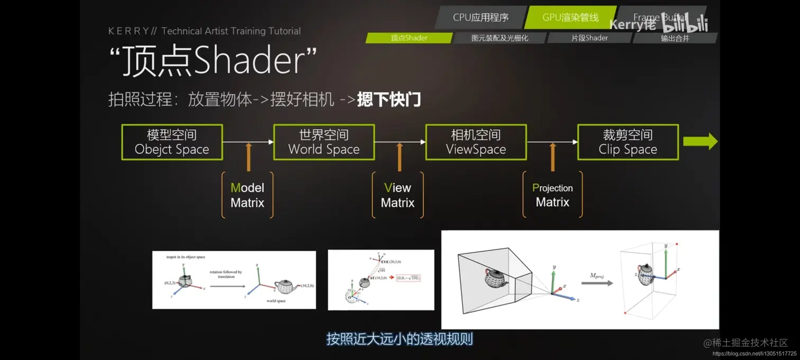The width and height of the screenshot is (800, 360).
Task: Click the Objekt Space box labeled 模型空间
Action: click(x=172, y=142)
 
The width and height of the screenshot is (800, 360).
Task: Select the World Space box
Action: click(x=324, y=142)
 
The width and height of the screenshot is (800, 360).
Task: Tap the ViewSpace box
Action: click(x=476, y=142)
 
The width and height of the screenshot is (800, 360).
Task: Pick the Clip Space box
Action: click(x=628, y=142)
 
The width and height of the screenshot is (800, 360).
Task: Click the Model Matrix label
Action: click(x=247, y=195)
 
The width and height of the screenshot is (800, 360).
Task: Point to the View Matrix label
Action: click(x=397, y=195)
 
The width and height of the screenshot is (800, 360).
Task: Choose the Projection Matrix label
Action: click(x=552, y=195)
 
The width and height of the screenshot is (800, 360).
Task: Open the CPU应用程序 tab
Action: click(x=480, y=17)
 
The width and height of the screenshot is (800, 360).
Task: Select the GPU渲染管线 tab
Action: click(x=570, y=17)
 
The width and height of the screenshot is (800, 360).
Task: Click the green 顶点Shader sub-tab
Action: click(x=409, y=38)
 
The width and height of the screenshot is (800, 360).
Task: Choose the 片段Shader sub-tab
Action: click(x=589, y=38)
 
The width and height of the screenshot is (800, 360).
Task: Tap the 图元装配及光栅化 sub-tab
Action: click(x=499, y=38)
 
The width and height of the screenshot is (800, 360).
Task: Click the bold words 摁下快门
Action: click(x=389, y=100)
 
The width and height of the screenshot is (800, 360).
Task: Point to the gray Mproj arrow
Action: click(x=597, y=283)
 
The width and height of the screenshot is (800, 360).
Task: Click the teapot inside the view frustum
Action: click(x=496, y=277)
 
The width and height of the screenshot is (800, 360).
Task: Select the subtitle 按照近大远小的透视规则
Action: click(x=399, y=339)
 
